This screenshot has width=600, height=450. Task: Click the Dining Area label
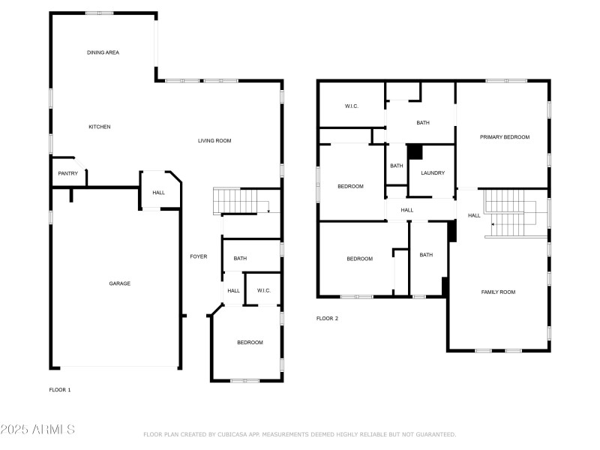point(103,52)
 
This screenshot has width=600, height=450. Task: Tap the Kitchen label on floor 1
point(100,127)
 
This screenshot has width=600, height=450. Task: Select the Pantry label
point(67,173)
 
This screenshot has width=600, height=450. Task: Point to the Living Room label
point(214,141)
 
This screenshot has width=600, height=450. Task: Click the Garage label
point(120,283)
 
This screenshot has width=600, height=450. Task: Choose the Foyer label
point(199,256)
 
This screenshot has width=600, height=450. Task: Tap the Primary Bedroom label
point(505,137)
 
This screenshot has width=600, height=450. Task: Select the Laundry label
point(433,173)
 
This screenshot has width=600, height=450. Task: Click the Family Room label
point(498,292)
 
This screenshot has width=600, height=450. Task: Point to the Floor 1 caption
point(60,390)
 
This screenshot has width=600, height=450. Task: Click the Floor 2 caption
point(327,318)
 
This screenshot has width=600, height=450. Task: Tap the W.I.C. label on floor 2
point(352,106)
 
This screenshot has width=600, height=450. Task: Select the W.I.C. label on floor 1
point(264,290)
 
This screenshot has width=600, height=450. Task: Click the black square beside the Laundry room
point(415,152)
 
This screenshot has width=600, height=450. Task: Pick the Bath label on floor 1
point(240,258)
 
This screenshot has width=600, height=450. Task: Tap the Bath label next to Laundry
point(397,166)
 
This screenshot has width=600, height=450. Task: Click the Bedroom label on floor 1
point(250,343)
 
